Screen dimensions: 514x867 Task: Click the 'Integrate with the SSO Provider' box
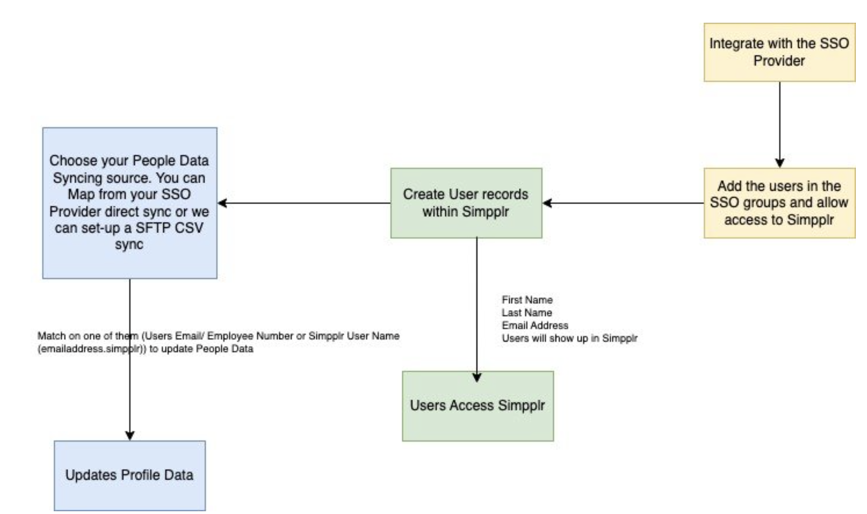779,52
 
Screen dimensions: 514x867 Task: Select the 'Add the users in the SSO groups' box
779,203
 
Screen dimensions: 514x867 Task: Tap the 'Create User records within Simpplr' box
466,203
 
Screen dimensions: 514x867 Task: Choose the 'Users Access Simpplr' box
477,405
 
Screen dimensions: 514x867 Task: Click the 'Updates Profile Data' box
129,475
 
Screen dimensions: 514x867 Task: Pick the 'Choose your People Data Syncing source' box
129,203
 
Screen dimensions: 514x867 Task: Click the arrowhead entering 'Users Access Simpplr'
477,377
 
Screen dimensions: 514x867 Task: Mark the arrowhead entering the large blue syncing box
222,203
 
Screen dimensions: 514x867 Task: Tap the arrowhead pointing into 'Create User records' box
547,203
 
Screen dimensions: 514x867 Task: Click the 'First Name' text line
527,300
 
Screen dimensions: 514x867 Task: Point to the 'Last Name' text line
527,313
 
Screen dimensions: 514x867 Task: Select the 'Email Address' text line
535,325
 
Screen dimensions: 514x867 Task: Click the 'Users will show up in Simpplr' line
569,338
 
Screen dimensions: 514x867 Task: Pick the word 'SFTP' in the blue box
155,228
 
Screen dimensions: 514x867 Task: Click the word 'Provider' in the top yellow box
779,61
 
